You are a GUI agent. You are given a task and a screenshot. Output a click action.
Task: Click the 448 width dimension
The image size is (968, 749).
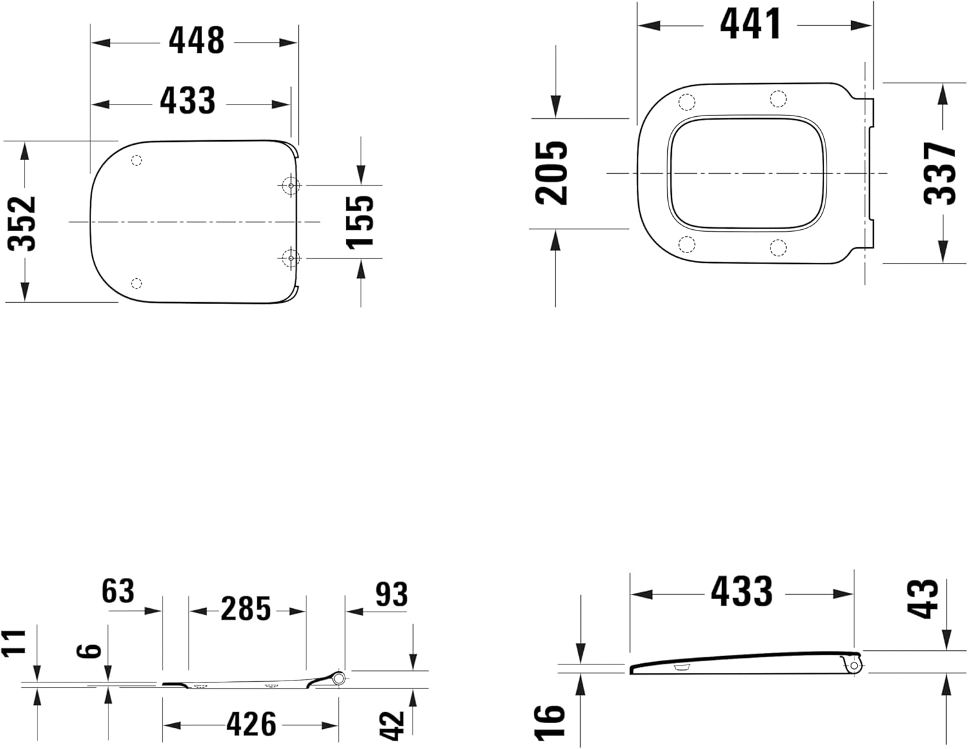point(196,41)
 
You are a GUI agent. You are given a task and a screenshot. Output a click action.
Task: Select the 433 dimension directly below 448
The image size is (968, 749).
point(187,101)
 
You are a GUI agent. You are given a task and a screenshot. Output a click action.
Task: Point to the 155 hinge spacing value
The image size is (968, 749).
point(359,221)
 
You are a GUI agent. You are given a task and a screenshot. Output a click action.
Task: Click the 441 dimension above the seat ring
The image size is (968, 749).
point(751,25)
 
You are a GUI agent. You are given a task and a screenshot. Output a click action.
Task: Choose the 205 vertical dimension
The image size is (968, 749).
point(552,173)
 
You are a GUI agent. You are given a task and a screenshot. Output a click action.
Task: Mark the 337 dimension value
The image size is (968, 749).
point(939,173)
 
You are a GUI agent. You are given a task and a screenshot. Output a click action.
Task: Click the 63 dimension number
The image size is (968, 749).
point(118,591)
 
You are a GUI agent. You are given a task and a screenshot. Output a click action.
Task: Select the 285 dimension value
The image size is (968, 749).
point(246,609)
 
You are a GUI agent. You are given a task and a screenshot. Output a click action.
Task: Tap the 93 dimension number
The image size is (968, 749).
point(391,595)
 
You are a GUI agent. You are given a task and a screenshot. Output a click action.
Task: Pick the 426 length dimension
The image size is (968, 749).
point(251,724)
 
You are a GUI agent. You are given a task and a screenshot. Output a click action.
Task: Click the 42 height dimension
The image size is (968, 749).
point(392,726)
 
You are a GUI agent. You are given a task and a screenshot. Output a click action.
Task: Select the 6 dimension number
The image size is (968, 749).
point(92,650)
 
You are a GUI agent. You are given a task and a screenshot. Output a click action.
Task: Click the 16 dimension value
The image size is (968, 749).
point(549,721)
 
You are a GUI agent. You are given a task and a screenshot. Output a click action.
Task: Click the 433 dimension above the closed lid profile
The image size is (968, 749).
point(741,591)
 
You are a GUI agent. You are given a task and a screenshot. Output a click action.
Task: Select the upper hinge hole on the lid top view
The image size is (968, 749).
point(291,186)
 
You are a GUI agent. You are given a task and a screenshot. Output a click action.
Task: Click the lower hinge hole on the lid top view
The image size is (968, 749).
point(291,258)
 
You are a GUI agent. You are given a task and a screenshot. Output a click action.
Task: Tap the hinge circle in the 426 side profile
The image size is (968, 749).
point(339,677)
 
